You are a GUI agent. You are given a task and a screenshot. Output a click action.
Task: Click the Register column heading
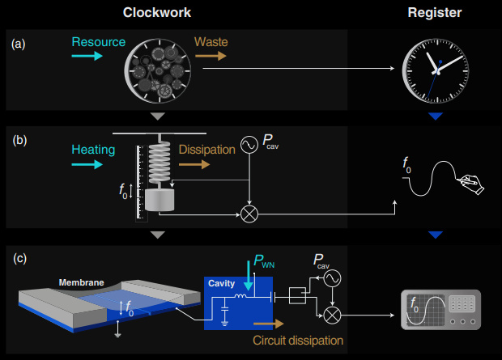pyautogui.click(x=436, y=13)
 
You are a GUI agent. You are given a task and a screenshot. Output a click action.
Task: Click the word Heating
pyautogui.click(x=92, y=150)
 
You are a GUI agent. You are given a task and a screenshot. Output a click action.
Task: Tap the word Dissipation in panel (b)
pyautogui.click(x=206, y=150)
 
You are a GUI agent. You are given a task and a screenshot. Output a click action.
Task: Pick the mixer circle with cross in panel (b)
pyautogui.click(x=249, y=214)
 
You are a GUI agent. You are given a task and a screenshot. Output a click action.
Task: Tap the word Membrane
pyautogui.click(x=80, y=283)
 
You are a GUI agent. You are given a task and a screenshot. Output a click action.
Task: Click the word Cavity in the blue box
pyautogui.click(x=221, y=283)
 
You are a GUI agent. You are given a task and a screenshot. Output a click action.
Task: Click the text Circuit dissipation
pyautogui.click(x=297, y=341)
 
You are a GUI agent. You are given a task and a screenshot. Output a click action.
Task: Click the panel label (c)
pyautogui.click(x=19, y=259)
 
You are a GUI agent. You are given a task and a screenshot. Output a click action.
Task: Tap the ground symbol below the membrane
pyautogui.click(x=119, y=330)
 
